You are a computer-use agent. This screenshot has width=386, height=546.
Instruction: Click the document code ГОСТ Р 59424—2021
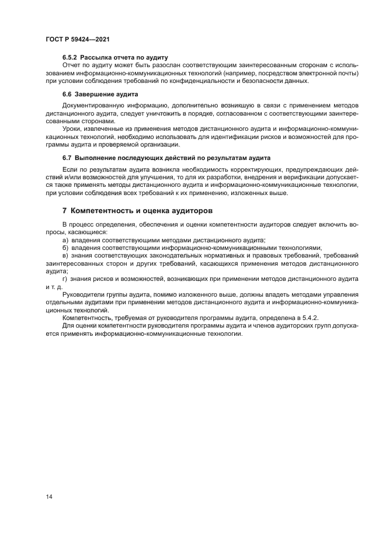point(78,39)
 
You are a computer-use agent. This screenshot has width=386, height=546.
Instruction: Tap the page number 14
point(49,496)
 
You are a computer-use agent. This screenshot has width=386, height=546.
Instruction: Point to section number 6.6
point(67,94)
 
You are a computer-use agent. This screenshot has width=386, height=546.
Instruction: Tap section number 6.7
point(67,158)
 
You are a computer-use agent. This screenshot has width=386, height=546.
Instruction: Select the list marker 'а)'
point(66,240)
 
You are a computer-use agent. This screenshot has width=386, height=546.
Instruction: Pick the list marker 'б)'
point(66,248)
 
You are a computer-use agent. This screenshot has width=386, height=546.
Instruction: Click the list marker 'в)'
point(66,256)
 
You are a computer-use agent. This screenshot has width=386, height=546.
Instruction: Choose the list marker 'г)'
point(65,279)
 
